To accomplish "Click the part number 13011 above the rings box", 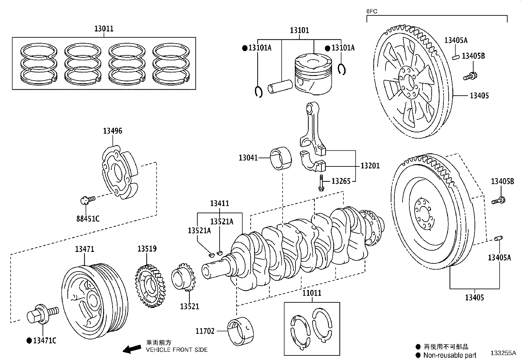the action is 104,28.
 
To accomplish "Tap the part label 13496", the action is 113,131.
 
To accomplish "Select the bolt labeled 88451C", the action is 88,200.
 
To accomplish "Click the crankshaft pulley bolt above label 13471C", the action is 43,313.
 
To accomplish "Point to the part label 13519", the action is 147,249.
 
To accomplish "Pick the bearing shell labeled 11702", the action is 241,332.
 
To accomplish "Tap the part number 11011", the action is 312,293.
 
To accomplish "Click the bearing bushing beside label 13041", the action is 281,158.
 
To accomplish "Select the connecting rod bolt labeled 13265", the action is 321,183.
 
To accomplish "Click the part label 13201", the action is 370,166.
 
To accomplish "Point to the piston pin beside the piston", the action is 280,86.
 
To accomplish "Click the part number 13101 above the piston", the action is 299,30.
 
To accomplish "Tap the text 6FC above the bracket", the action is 372,11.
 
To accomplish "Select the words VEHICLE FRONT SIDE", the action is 177,350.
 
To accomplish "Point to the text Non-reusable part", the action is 450,355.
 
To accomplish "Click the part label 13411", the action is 220,203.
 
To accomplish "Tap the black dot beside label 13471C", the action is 29,341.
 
